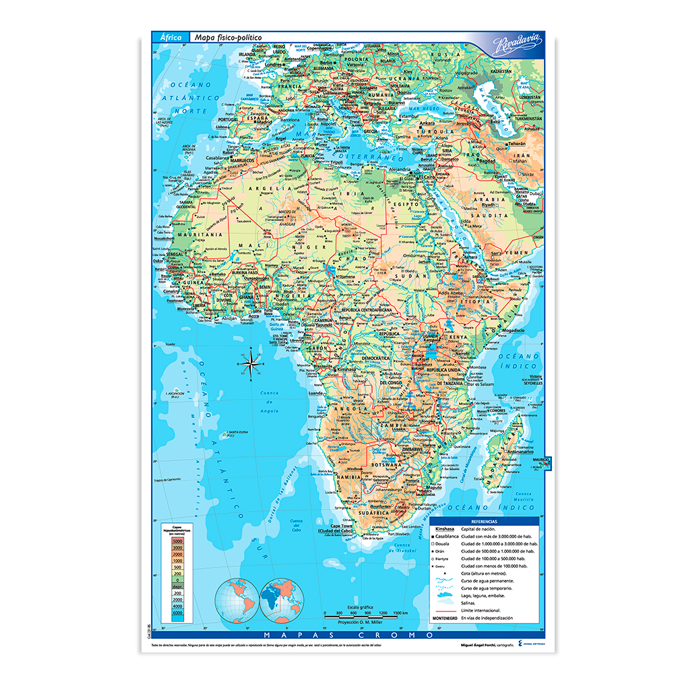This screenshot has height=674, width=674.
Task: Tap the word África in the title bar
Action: (171, 38)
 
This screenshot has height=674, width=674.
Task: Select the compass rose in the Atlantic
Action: (250, 364)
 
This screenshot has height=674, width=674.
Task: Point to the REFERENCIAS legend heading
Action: (484, 522)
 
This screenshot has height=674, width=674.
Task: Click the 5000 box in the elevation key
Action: (178, 541)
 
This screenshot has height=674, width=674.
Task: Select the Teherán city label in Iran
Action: (516, 144)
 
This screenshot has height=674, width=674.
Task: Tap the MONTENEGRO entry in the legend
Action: (446, 617)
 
